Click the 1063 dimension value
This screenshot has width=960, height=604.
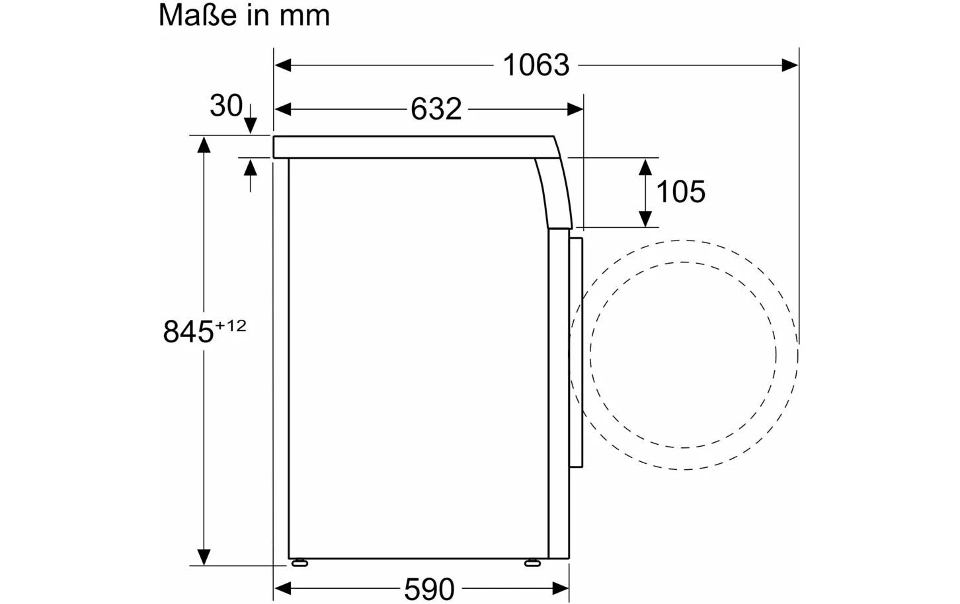[536, 65]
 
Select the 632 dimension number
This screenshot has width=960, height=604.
[436, 109]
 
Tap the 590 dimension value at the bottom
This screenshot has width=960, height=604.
[429, 589]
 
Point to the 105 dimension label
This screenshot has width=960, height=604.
[680, 192]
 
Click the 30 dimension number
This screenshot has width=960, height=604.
[226, 105]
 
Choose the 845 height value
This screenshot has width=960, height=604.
[188, 332]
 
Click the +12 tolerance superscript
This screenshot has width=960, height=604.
[231, 326]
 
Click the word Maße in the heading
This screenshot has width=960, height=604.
[198, 15]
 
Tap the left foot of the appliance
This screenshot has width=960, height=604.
[300, 563]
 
